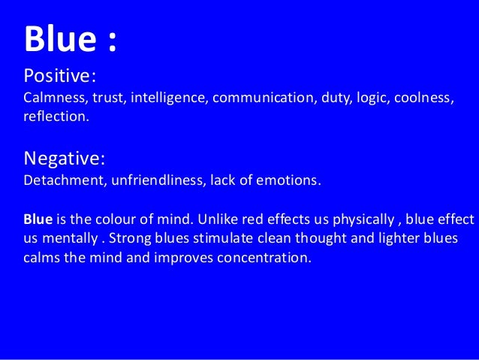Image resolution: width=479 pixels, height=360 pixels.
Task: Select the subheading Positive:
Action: (x=60, y=77)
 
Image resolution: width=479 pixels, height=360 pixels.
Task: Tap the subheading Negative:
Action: (x=65, y=159)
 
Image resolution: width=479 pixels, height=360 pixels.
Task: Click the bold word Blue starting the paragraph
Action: (x=38, y=220)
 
